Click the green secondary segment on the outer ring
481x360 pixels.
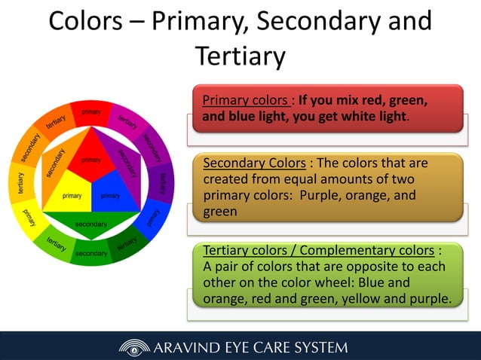[91, 255]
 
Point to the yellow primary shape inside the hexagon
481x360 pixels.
[72, 193]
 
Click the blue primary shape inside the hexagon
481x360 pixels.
[111, 193]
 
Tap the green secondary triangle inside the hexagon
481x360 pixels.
[91, 223]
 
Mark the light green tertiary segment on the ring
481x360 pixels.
[55, 243]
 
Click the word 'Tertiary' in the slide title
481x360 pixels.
[240, 55]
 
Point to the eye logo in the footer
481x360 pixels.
[133, 347]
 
